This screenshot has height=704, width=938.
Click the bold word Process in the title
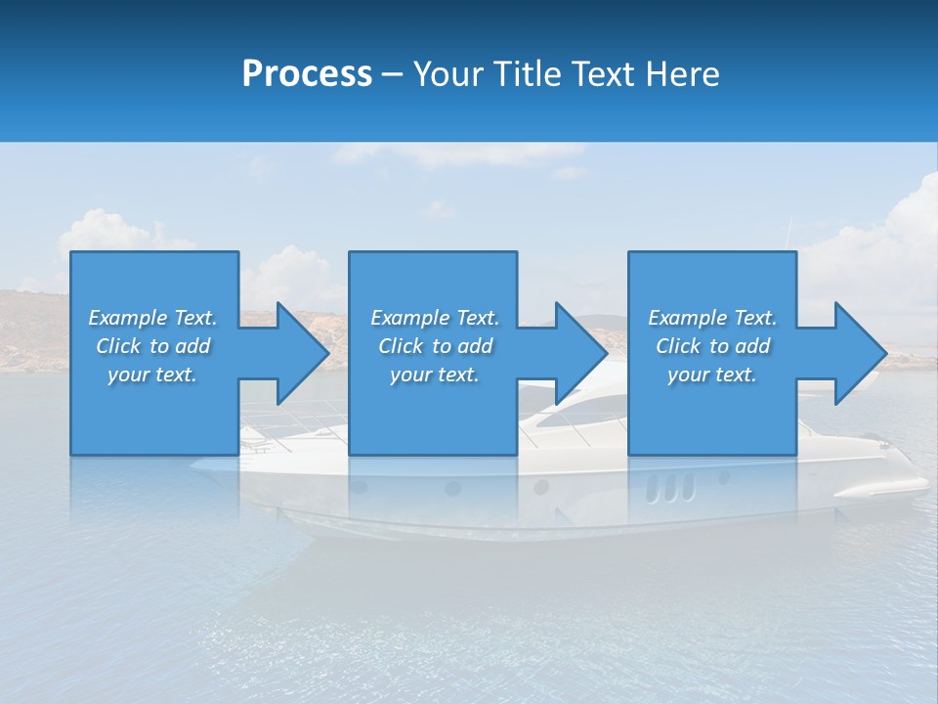coord(307,73)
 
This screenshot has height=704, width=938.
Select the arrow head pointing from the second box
coord(580,353)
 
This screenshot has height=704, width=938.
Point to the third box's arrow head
coord(860,353)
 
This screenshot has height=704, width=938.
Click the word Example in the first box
coord(128,318)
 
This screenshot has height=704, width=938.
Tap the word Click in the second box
coord(401,346)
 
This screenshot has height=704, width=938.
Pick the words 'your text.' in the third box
coord(711,374)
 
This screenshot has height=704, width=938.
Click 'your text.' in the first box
coord(151,374)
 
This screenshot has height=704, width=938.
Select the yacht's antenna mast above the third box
coord(789,235)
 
